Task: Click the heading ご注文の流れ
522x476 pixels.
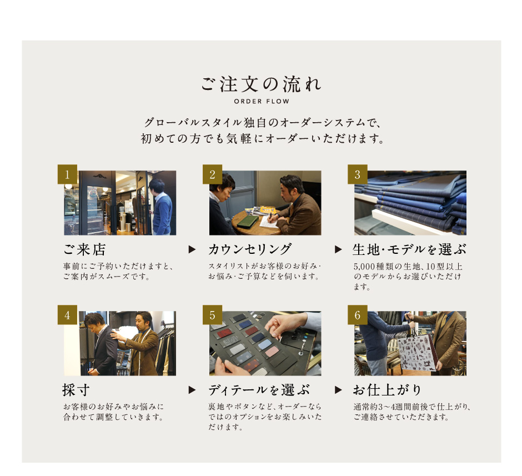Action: (x=262, y=84)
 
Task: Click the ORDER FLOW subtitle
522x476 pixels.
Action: (x=262, y=101)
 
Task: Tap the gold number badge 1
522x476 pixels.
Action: (x=67, y=174)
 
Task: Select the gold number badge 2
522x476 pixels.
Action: (x=212, y=174)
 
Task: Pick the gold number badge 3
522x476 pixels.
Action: (x=358, y=174)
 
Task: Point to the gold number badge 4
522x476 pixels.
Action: (x=67, y=314)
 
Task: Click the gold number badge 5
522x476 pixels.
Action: (x=212, y=314)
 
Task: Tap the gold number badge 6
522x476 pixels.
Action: (x=358, y=314)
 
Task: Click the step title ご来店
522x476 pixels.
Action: (x=84, y=249)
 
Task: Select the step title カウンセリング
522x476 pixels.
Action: (x=250, y=249)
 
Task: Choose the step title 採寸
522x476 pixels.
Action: (x=76, y=390)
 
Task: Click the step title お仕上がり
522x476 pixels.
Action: (x=388, y=390)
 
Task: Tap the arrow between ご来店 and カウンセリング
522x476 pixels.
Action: (x=192, y=249)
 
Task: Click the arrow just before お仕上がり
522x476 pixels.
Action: (x=338, y=390)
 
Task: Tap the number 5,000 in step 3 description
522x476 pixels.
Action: (x=364, y=266)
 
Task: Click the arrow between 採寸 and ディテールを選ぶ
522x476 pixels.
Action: (x=192, y=390)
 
